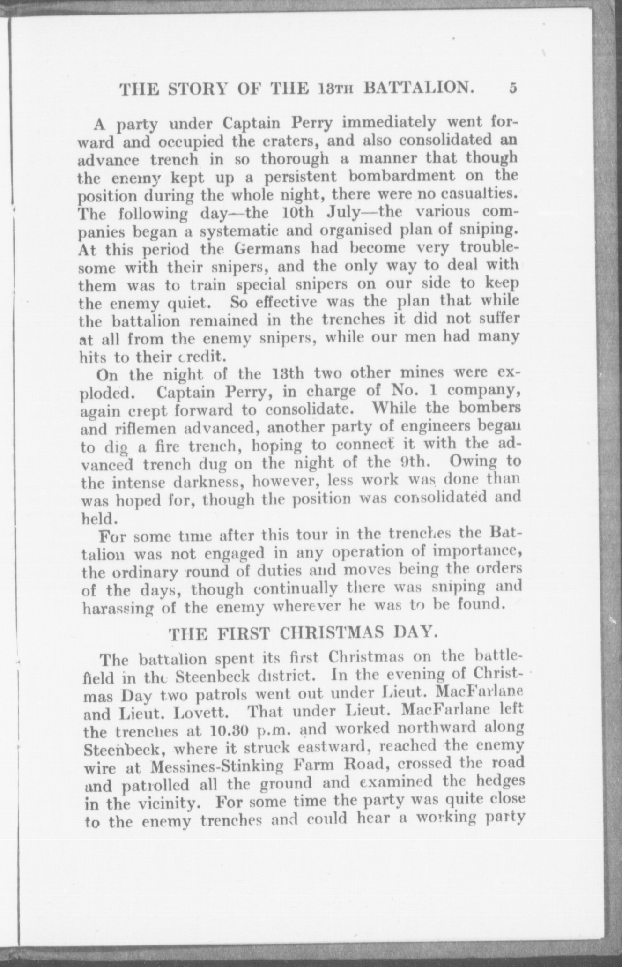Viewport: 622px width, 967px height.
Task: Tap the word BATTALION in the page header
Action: click(416, 89)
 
